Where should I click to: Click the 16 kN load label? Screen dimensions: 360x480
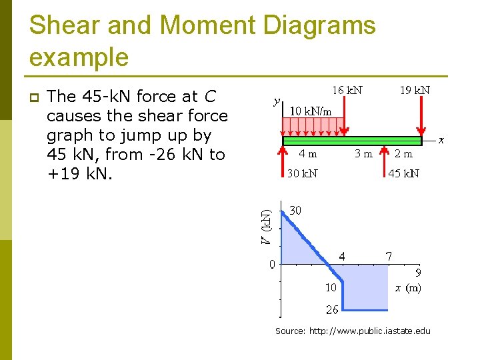347,90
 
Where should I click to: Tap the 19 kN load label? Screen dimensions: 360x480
414,90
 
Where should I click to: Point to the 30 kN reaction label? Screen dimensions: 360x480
302,174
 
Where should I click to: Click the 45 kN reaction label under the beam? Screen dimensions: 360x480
403,174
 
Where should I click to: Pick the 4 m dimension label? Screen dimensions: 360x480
307,153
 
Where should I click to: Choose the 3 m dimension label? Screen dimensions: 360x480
363,153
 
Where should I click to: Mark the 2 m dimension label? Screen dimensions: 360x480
403,153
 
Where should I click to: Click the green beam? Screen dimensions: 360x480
353,141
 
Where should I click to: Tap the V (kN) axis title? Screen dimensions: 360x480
265,227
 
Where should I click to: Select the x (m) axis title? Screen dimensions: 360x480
407,288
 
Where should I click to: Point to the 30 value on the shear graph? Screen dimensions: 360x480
295,211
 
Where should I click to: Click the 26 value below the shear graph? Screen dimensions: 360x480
331,309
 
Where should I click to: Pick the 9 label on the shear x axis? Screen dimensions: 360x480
418,273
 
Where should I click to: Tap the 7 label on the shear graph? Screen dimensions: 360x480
389,256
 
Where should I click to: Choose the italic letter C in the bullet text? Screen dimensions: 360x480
209,97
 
